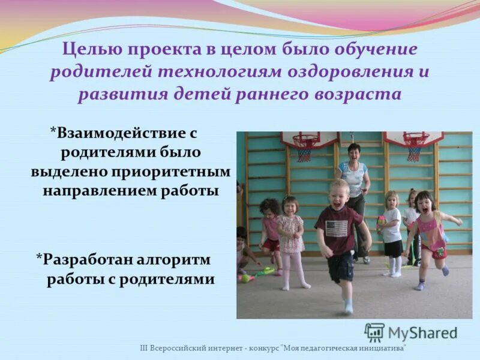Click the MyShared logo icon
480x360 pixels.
tap(374, 332)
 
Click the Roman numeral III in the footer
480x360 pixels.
tap(143, 348)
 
